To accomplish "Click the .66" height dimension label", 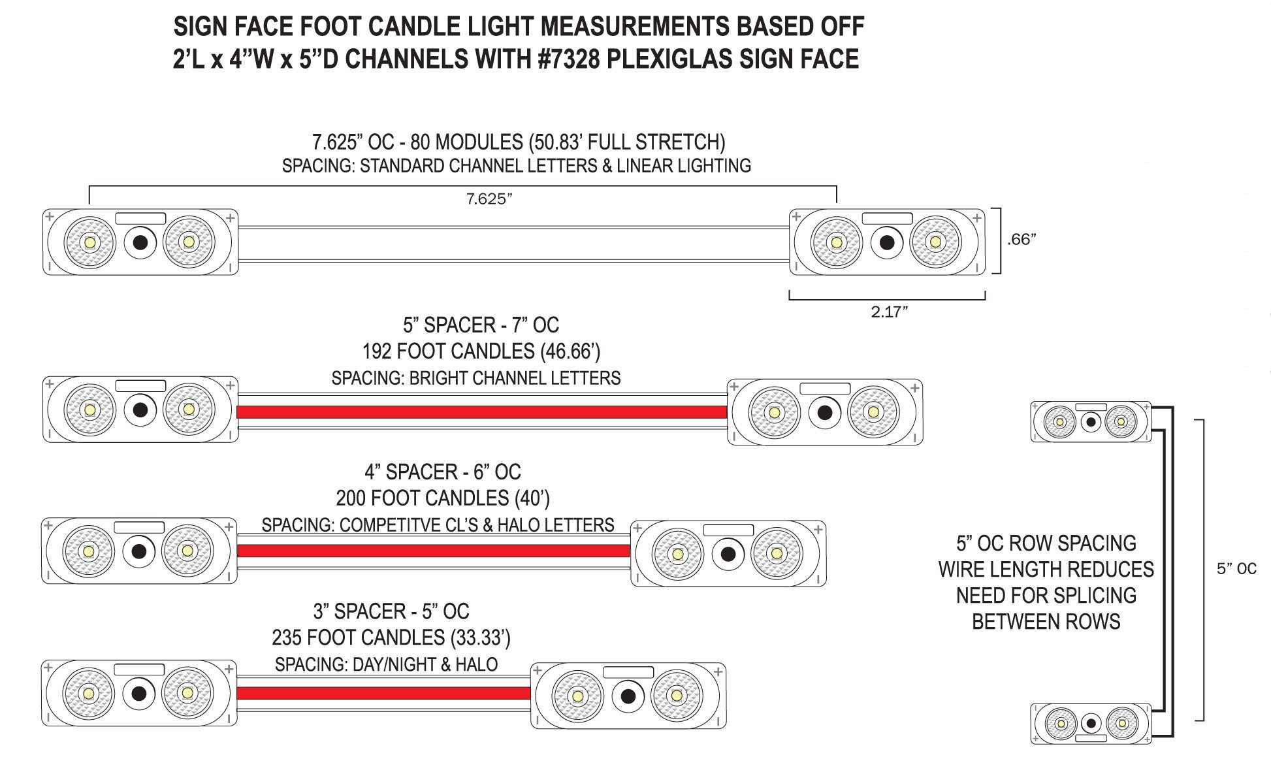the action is click(x=1022, y=239).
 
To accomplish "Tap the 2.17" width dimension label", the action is click(x=890, y=312).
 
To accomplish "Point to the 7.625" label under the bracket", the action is click(x=489, y=199).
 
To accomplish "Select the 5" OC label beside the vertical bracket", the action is click(x=1236, y=568).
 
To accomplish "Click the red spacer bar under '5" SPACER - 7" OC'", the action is click(x=482, y=412).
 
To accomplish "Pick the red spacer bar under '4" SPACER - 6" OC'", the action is click(x=434, y=551).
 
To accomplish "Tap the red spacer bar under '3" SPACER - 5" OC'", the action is click(x=383, y=693).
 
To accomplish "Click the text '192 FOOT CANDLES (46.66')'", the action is click(x=481, y=351).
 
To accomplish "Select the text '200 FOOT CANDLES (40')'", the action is click(x=443, y=498).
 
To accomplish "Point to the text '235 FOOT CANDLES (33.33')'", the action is click(x=391, y=638).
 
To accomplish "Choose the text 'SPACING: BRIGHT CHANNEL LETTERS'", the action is click(x=476, y=378).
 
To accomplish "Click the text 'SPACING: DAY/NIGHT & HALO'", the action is click(x=386, y=664).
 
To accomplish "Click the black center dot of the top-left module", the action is click(x=140, y=242).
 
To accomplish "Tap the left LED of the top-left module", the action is click(x=89, y=242).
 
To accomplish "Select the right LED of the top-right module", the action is click(x=935, y=242).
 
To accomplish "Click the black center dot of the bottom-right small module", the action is click(x=1091, y=724).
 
